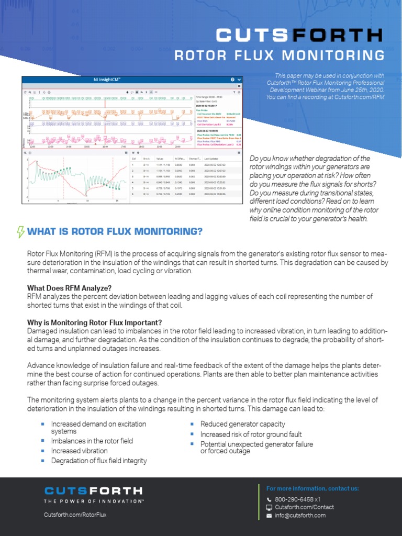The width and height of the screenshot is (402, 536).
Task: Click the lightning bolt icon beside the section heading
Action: click(x=21, y=231)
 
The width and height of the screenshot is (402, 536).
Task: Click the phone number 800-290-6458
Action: click(x=294, y=499)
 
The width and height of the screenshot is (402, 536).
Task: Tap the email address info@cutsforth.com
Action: click(x=300, y=515)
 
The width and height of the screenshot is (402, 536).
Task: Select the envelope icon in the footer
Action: click(x=269, y=516)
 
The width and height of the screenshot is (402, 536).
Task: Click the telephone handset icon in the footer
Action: click(x=269, y=500)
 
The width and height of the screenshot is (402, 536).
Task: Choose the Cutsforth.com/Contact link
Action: click(x=304, y=507)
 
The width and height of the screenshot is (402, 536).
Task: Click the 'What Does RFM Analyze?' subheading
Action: click(x=69, y=288)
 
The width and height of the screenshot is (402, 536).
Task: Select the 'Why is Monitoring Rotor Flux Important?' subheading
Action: click(x=95, y=322)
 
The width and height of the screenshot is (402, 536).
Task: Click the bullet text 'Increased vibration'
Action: click(x=79, y=451)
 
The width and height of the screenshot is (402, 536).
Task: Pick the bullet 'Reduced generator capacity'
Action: click(x=242, y=424)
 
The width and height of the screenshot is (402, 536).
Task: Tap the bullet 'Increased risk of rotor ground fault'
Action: click(x=251, y=434)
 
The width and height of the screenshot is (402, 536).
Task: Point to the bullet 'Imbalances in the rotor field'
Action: click(x=92, y=441)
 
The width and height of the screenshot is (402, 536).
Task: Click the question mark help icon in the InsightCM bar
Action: click(x=232, y=80)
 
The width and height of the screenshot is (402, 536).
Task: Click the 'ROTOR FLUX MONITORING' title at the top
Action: click(x=279, y=55)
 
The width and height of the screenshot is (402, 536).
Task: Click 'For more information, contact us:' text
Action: click(x=312, y=488)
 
